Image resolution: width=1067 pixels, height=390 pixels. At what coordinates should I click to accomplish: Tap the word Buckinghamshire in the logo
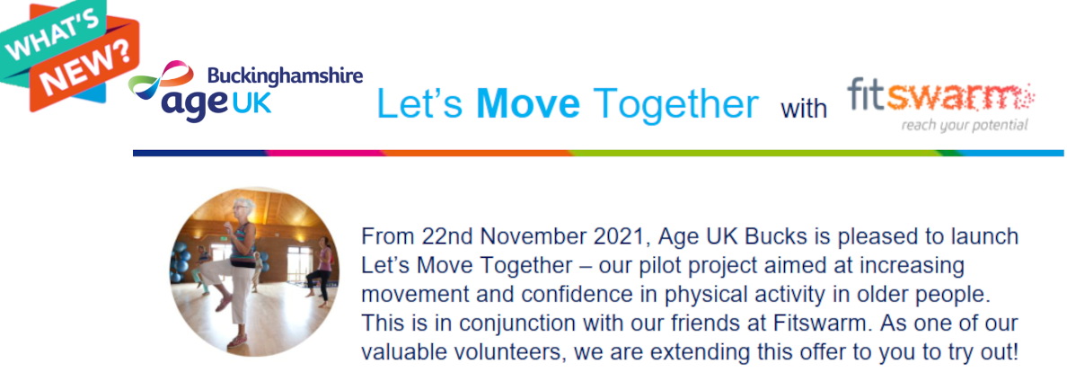click(x=285, y=75)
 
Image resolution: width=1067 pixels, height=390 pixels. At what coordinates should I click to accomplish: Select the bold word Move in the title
click(x=528, y=104)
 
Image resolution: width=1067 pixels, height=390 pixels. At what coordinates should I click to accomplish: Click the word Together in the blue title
click(x=675, y=105)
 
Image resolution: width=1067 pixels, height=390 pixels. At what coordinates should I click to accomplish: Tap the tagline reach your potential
click(x=965, y=126)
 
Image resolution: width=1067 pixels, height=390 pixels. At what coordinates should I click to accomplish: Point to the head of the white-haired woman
click(x=242, y=209)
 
